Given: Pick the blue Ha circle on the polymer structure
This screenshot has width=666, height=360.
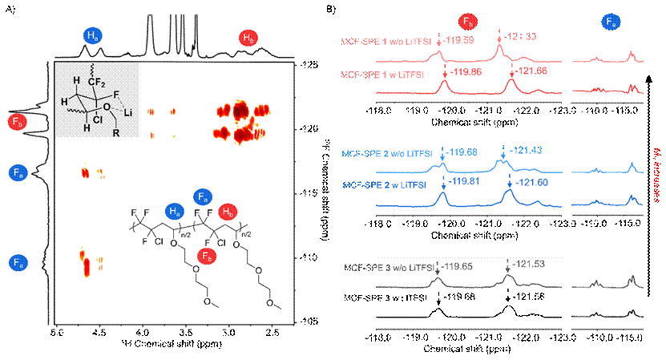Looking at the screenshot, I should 174,211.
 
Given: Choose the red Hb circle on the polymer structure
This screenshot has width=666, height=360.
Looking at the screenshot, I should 228,211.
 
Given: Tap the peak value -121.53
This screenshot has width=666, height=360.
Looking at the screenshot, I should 530,262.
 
